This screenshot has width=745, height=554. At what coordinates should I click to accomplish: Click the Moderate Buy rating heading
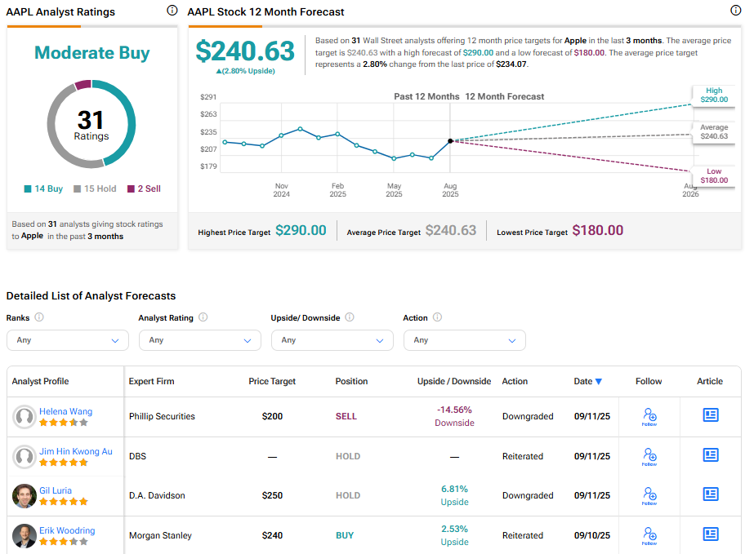pyautogui.click(x=91, y=53)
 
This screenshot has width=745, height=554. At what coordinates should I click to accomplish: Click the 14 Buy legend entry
pyautogui.click(x=43, y=188)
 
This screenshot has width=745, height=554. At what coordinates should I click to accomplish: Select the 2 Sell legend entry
pyautogui.click(x=144, y=188)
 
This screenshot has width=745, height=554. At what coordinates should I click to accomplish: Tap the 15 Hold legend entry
pyautogui.click(x=95, y=188)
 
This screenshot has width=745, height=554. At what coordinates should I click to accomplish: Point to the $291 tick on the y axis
pyautogui.click(x=208, y=97)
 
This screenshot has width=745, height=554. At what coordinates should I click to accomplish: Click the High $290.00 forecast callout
pyautogui.click(x=713, y=95)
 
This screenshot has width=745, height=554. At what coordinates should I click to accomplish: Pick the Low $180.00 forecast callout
pyautogui.click(x=713, y=175)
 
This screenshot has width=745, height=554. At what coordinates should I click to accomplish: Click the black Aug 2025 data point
pyautogui.click(x=451, y=140)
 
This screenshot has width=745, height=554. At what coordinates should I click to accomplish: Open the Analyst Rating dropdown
pyautogui.click(x=200, y=340)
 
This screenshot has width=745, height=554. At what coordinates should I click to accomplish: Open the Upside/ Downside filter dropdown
pyautogui.click(x=332, y=340)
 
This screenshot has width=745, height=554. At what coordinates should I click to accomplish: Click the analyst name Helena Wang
pyautogui.click(x=66, y=411)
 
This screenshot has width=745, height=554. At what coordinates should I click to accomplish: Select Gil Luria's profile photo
pyautogui.click(x=25, y=496)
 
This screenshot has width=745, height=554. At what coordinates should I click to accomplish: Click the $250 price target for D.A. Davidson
pyautogui.click(x=272, y=496)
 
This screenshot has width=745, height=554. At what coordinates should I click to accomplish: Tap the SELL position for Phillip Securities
pyautogui.click(x=346, y=416)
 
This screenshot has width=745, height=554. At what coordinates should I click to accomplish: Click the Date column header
pyautogui.click(x=588, y=381)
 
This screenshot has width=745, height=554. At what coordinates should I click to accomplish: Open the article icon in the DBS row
pyautogui.click(x=711, y=455)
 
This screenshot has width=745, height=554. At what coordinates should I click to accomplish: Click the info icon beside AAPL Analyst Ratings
pyautogui.click(x=172, y=11)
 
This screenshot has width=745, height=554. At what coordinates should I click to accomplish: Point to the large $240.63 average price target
pyautogui.click(x=245, y=51)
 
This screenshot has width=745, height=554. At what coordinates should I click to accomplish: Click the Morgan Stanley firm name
pyautogui.click(x=160, y=536)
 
